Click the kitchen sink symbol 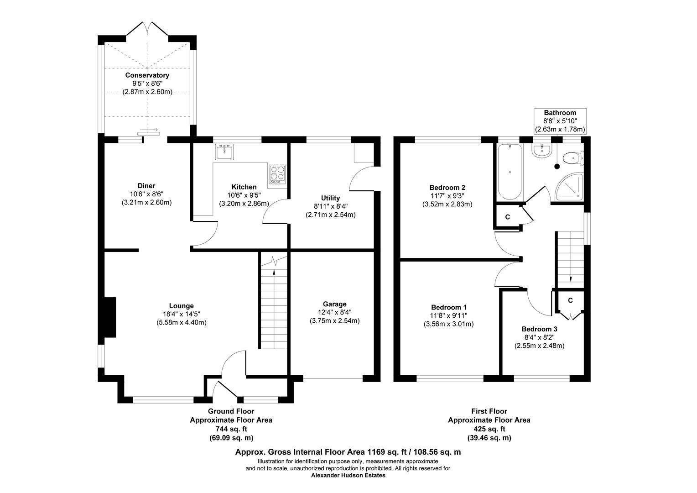(x=224, y=152)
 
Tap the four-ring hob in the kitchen (x=277, y=174)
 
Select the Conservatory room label (x=147, y=75)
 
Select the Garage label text (x=334, y=304)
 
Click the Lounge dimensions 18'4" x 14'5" (x=182, y=314)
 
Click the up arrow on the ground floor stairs (x=274, y=273)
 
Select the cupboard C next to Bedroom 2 (x=507, y=217)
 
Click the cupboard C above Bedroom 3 (x=570, y=300)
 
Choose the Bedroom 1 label (x=448, y=308)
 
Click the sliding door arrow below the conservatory (x=148, y=131)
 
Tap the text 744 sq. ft (x=231, y=429)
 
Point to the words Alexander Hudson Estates (x=348, y=475)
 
